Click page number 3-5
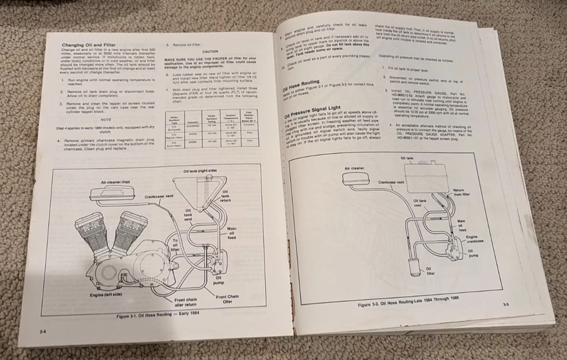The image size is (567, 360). point(506,304)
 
